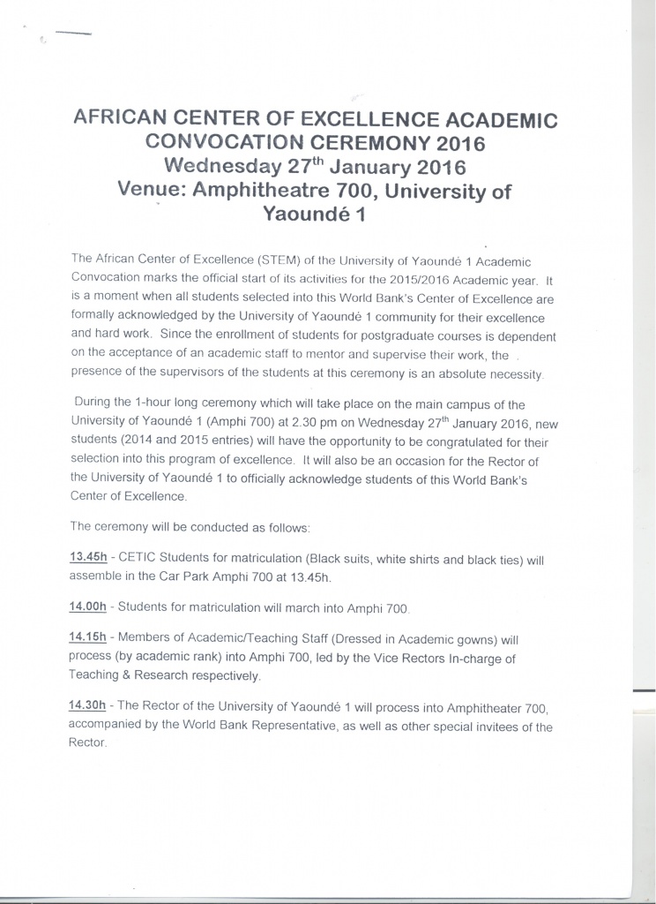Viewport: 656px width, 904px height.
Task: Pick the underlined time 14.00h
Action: click(x=87, y=607)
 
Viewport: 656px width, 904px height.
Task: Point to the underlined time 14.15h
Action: click(x=87, y=637)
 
